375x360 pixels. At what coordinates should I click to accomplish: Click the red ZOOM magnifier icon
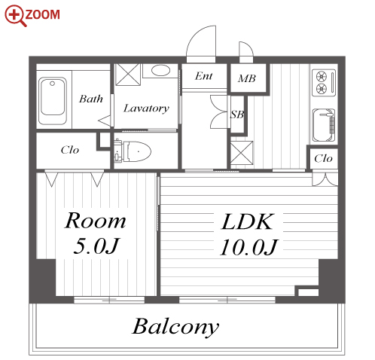(16, 15)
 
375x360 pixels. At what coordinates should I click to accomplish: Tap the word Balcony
(175, 327)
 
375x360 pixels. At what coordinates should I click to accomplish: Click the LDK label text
(247, 221)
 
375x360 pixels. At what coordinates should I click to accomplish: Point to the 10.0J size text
(248, 247)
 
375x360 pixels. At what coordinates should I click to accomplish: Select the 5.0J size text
(96, 246)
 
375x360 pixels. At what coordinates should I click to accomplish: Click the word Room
(95, 221)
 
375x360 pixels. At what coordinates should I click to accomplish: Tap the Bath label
(91, 99)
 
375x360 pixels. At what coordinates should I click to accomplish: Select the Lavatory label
(146, 108)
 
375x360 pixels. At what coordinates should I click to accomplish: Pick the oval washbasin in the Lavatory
(160, 71)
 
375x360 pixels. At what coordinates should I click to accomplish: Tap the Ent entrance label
(203, 76)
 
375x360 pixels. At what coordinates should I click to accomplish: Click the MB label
(247, 78)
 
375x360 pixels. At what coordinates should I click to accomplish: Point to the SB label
(237, 114)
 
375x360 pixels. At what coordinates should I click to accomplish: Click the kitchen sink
(324, 125)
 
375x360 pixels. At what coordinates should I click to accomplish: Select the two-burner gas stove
(324, 83)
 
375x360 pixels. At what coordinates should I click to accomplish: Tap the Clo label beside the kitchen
(323, 159)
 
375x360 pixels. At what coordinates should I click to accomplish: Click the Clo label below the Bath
(70, 150)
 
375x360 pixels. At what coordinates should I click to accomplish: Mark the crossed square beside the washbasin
(127, 75)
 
